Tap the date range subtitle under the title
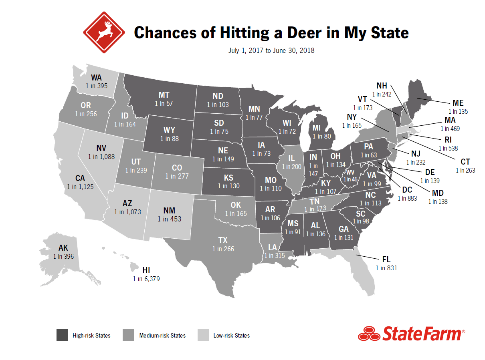[271, 51]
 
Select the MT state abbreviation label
[164, 95]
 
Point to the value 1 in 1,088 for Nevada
[101, 157]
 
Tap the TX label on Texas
[223, 240]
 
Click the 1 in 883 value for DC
[407, 198]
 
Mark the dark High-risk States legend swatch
[62, 335]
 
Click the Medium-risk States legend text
[162, 336]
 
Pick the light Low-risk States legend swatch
[204, 335]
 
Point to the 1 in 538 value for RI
[449, 148]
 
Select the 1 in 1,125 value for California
[82, 187]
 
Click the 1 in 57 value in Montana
[164, 103]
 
